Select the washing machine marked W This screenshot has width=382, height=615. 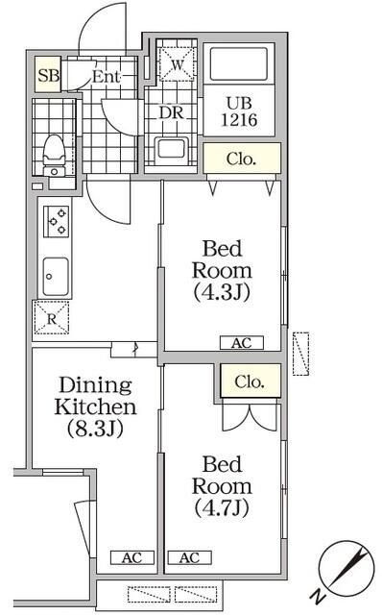[176, 66]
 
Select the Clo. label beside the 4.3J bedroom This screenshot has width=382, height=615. [241, 160]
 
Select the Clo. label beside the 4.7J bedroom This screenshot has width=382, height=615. [254, 381]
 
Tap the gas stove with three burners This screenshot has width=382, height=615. [56, 223]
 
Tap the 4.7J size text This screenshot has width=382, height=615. [222, 506]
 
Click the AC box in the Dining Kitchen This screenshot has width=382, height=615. [131, 557]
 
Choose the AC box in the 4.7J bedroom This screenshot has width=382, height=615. [188, 557]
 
